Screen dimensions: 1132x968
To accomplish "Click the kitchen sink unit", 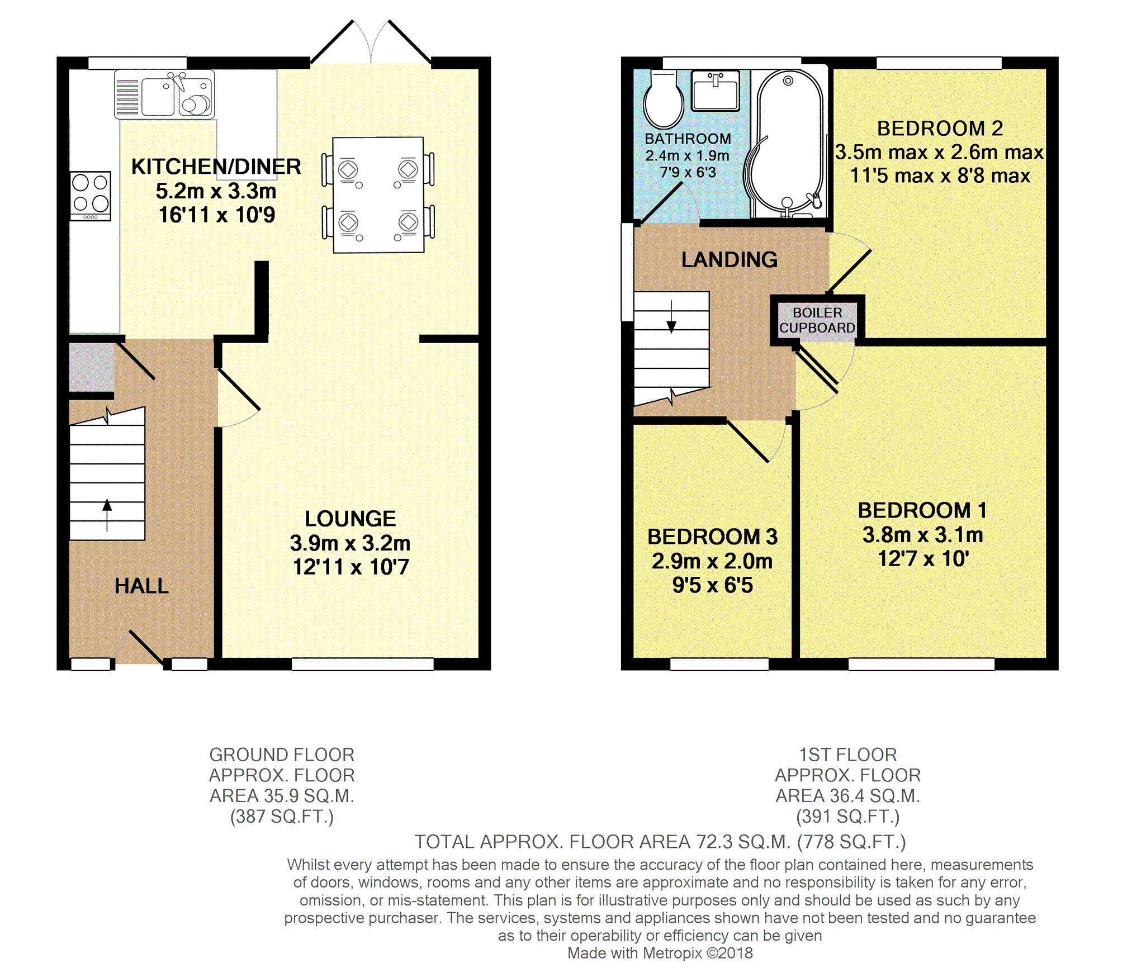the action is (x=164, y=94).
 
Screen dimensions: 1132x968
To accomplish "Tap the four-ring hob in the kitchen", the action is (x=91, y=196).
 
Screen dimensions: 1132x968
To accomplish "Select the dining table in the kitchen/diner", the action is (x=378, y=195).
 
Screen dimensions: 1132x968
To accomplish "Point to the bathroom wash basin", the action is (x=716, y=90).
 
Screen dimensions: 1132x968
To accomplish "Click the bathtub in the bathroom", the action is (x=788, y=144).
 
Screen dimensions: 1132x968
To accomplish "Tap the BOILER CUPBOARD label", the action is (x=817, y=320).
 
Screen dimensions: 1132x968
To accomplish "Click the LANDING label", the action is (x=730, y=259).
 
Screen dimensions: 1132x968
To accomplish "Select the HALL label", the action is (x=141, y=586).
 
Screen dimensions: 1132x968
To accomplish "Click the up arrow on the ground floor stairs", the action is (x=107, y=514).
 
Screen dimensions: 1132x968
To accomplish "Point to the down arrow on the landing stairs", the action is (x=671, y=316).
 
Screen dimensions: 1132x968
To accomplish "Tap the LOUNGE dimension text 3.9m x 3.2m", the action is (x=350, y=543).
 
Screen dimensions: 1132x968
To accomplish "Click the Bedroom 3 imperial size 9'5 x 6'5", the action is (x=713, y=585).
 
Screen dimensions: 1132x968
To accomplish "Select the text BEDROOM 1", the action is (x=922, y=510).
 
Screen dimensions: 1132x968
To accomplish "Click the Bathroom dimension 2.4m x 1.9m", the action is (x=688, y=155).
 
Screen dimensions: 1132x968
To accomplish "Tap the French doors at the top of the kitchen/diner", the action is (x=371, y=42).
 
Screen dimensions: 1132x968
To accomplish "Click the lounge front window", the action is (x=363, y=664).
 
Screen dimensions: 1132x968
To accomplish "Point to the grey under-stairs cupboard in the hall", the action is (x=92, y=367).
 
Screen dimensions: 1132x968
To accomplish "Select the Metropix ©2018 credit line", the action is (x=660, y=953).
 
